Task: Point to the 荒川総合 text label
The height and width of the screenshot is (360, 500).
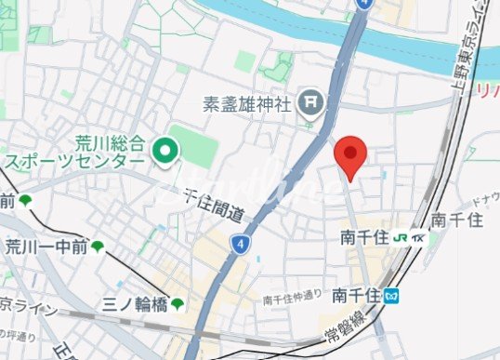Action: point(109,144)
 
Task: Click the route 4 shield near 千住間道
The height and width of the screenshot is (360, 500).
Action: point(241,244)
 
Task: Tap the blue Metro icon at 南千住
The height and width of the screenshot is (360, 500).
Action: point(394,296)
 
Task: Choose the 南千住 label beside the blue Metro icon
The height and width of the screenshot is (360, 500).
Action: point(357,296)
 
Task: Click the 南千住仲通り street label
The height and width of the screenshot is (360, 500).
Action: point(293,298)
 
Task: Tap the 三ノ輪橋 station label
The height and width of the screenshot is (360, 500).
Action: point(136,303)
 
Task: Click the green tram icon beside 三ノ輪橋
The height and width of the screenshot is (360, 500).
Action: point(178,303)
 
